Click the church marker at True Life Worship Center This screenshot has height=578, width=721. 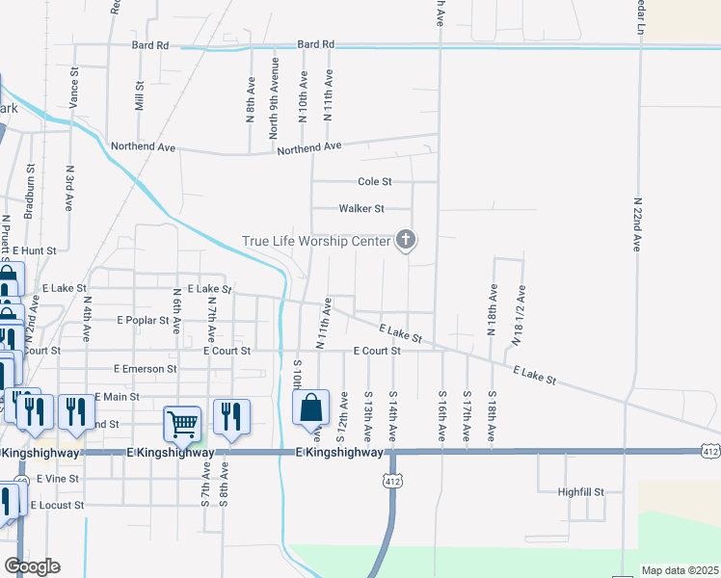406,240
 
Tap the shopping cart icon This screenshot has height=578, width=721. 182,421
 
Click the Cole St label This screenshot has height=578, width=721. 374,181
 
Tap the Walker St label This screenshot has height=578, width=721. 361,208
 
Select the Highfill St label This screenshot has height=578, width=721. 581,491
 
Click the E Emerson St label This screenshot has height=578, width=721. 145,368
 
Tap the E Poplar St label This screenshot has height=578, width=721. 143,319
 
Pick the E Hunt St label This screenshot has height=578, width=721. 35,250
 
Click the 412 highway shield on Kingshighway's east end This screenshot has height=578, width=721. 709,450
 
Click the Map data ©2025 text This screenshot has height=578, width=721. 679,570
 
